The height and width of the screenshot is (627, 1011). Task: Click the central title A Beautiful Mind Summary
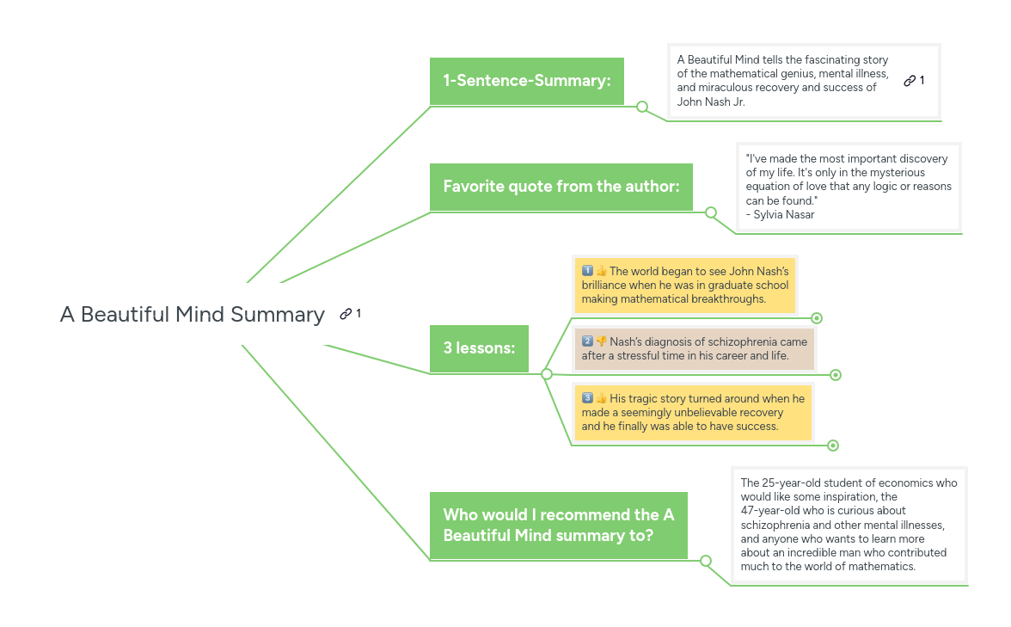193,314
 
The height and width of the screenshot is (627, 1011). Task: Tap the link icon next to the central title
346,314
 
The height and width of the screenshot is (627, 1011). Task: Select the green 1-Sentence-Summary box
526,81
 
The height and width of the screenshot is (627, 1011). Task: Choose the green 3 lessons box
479,348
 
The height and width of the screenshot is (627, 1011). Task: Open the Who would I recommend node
558,525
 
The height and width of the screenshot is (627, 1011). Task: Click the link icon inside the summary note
910,81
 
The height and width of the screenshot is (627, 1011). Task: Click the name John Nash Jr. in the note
711,101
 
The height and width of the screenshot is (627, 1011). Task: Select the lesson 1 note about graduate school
685,285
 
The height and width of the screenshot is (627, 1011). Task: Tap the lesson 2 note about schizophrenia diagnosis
694,348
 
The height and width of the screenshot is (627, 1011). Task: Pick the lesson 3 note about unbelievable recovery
693,412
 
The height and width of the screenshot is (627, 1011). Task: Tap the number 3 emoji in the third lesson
587,398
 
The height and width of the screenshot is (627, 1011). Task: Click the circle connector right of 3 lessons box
547,374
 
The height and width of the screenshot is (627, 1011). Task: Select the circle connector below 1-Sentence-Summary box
642,107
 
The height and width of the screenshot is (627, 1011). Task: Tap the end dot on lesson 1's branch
817,318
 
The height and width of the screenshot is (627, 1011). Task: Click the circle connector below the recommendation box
706,561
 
